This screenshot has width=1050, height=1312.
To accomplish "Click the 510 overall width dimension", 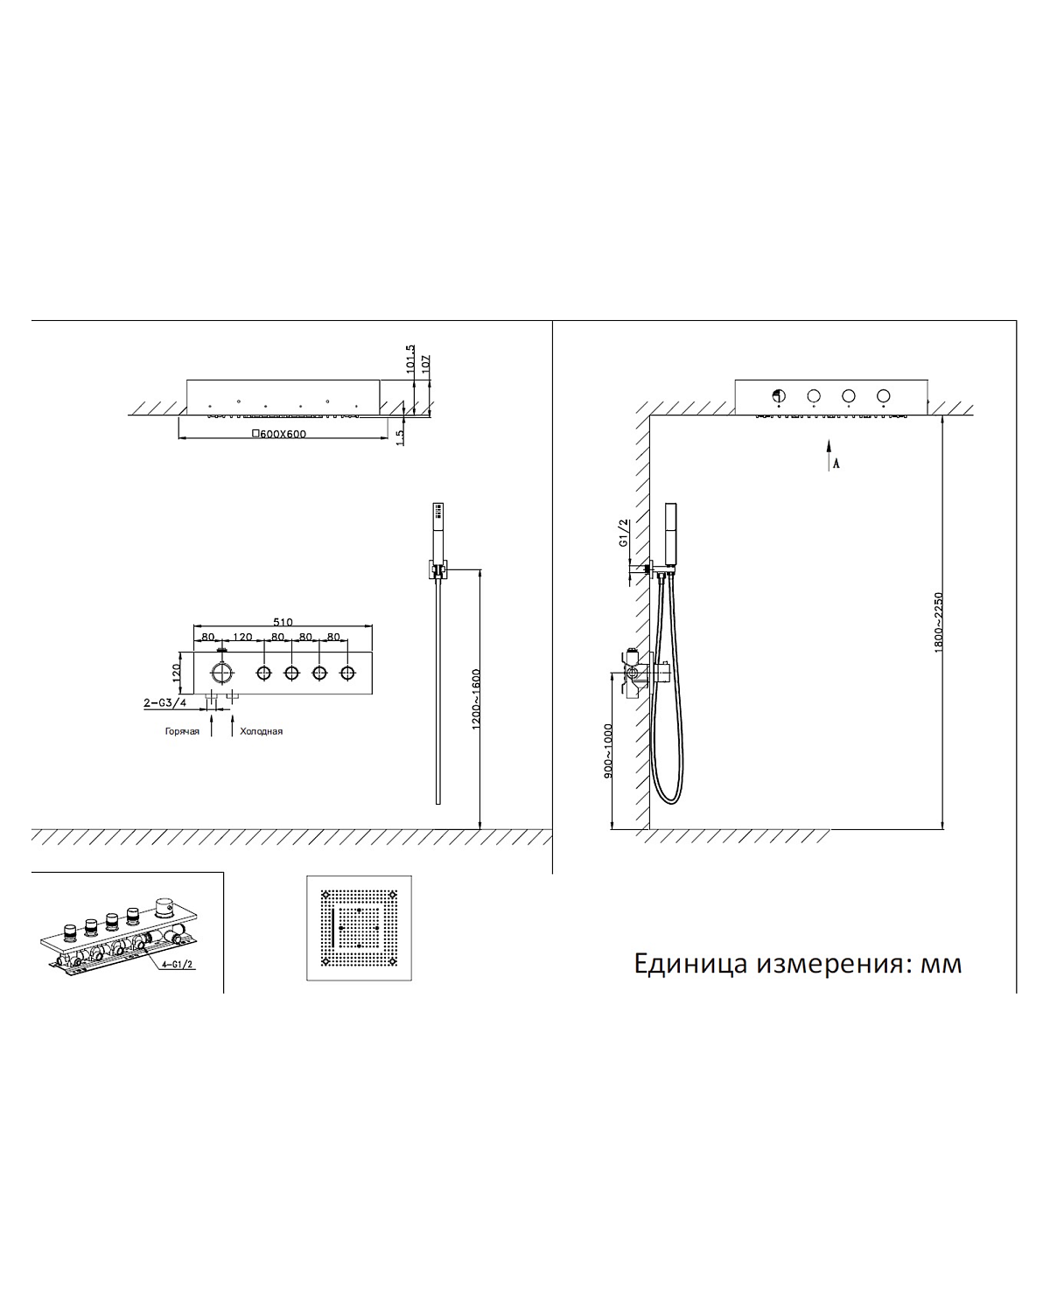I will point(283,623).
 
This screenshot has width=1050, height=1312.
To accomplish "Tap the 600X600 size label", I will point(279,434).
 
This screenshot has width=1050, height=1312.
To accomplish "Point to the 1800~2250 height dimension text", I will point(939,622).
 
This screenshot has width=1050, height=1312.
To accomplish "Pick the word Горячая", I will point(182,731).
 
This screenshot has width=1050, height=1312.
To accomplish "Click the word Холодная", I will point(262,731).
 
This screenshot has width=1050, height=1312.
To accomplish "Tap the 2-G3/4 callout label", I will point(164,702).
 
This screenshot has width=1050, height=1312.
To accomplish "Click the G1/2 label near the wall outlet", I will point(624,533).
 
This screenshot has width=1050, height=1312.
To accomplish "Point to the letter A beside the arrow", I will point(836,464).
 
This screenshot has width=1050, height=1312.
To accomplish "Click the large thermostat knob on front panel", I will point(222,673).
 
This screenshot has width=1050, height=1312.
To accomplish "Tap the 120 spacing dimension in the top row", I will point(242,638).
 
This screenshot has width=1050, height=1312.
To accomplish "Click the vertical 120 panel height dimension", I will point(176,673).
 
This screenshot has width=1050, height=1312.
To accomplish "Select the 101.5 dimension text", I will point(410,360).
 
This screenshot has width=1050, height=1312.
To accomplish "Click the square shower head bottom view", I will point(360,928).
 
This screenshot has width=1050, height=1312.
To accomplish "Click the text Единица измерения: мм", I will point(797,963).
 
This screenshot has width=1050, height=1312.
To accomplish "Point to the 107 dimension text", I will point(426,365).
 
